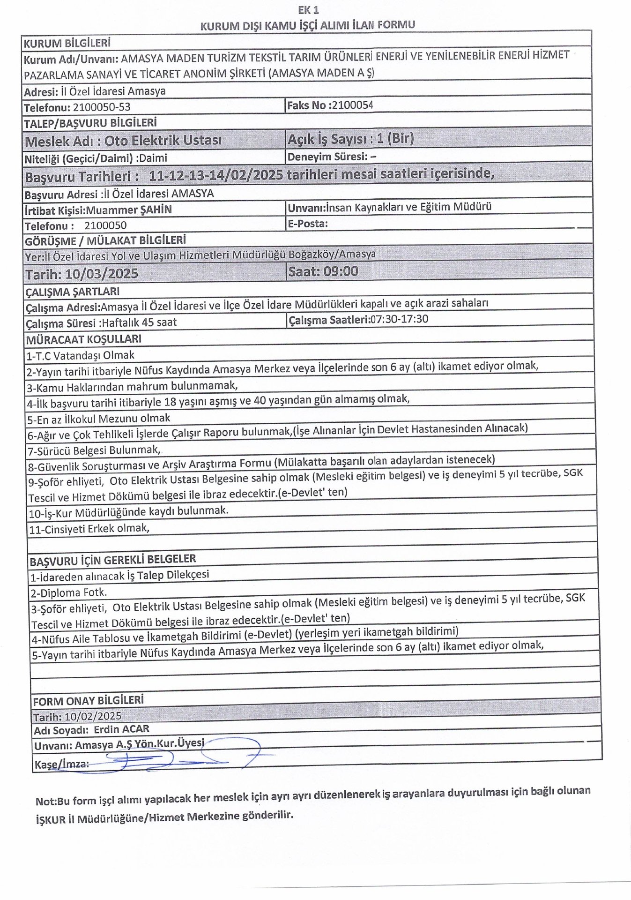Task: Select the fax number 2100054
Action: (351, 105)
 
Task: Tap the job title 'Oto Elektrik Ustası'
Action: (163, 141)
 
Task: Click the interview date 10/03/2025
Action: (102, 274)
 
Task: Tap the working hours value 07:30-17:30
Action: (399, 319)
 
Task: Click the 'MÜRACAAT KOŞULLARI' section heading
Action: (83, 339)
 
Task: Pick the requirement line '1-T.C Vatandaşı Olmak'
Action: (81, 355)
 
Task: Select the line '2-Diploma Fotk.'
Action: (69, 592)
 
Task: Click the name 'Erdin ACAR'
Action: (121, 729)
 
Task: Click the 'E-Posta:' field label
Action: (308, 224)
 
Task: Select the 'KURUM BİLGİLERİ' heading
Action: (67, 44)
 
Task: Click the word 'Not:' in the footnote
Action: (45, 801)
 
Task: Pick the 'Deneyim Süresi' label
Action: (327, 157)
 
